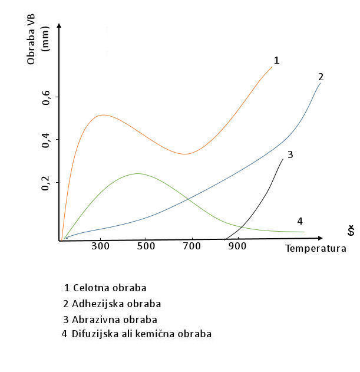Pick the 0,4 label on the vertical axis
(47, 140)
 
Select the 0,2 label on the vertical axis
(47, 183)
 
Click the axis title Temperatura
(315, 248)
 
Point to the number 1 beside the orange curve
(276, 60)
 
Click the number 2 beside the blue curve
(321, 77)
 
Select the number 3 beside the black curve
(290, 154)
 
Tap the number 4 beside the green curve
(299, 221)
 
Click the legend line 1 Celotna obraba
(105, 288)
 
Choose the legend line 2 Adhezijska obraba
(111, 304)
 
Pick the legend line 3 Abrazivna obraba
(110, 320)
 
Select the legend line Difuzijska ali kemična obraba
(136, 334)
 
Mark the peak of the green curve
(138, 173)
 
